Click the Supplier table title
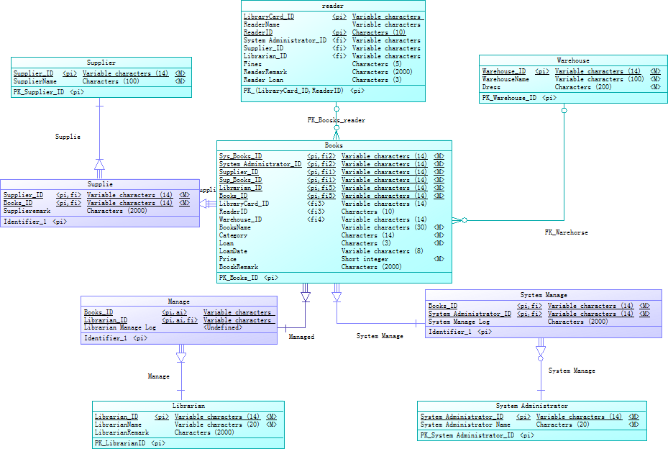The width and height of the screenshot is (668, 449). point(101,63)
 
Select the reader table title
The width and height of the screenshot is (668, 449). point(333,6)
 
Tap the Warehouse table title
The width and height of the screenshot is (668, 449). point(572,60)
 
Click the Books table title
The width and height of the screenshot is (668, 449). point(334,145)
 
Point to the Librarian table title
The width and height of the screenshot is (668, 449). point(188,406)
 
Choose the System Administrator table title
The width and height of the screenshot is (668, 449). point(531,406)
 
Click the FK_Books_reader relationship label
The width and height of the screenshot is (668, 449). point(336,120)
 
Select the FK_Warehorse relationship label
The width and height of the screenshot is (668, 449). point(566,232)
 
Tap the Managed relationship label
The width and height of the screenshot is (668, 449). point(301,336)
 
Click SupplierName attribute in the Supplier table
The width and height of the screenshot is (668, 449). point(35,81)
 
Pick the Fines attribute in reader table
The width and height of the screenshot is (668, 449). point(252,64)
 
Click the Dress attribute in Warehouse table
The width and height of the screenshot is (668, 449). point(491,87)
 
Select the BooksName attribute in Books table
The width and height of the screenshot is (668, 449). point(235,227)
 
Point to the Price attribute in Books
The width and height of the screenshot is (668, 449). point(227,259)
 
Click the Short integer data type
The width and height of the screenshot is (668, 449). point(365,259)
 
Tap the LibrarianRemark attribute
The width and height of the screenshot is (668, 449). point(122,432)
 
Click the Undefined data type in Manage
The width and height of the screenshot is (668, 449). point(222,327)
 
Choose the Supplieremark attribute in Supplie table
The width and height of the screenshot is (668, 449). point(27,211)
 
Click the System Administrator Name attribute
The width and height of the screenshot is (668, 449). point(465,425)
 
